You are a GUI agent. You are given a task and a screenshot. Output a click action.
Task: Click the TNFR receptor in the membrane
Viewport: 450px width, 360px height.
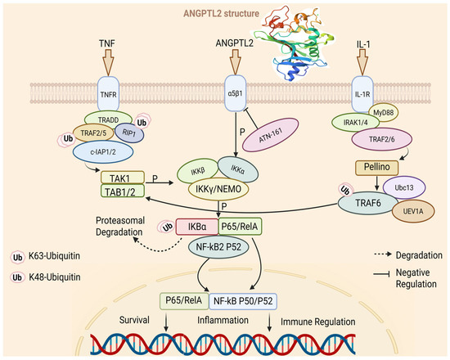[x=108, y=93]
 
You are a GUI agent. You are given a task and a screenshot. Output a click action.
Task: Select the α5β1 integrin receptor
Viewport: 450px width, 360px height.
[x=236, y=93]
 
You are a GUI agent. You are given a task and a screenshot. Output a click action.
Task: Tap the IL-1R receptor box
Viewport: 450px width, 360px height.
[x=362, y=94]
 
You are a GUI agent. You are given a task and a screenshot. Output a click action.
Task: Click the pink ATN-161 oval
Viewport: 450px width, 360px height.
[x=271, y=135]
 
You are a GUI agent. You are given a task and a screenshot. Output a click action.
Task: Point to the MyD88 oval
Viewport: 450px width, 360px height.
[x=384, y=113]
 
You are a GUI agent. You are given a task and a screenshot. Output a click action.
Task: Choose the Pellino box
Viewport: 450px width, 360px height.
[x=377, y=168]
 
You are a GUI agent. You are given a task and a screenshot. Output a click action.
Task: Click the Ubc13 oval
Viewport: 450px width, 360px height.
[x=404, y=187]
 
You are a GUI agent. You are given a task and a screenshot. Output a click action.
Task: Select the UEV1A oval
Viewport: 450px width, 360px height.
[x=413, y=211]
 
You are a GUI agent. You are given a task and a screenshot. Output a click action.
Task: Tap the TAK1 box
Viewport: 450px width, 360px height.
[x=123, y=178]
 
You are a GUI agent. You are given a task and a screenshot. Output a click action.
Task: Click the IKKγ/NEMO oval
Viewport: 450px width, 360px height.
[x=218, y=189]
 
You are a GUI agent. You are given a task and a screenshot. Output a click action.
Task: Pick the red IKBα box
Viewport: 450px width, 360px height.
[x=197, y=227]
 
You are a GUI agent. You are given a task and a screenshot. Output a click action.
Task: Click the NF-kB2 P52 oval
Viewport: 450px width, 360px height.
[x=218, y=247]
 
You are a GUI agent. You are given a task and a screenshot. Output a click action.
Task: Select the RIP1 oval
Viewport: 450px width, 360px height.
[x=129, y=133]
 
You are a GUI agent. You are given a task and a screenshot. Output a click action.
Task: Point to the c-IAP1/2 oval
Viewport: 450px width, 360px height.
[x=103, y=152]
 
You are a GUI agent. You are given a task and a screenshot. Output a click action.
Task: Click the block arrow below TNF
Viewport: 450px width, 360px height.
[x=108, y=62]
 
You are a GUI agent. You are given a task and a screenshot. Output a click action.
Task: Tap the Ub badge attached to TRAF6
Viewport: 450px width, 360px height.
[x=345, y=191]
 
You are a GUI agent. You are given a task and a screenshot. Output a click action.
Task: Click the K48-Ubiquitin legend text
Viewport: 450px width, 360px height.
[x=55, y=277]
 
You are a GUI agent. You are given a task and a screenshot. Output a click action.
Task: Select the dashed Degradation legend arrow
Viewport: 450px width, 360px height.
[x=383, y=254]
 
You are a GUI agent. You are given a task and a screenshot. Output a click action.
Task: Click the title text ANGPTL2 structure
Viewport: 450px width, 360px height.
[x=221, y=13]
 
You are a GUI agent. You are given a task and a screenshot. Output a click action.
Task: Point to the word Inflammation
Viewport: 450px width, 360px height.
[x=223, y=320]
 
